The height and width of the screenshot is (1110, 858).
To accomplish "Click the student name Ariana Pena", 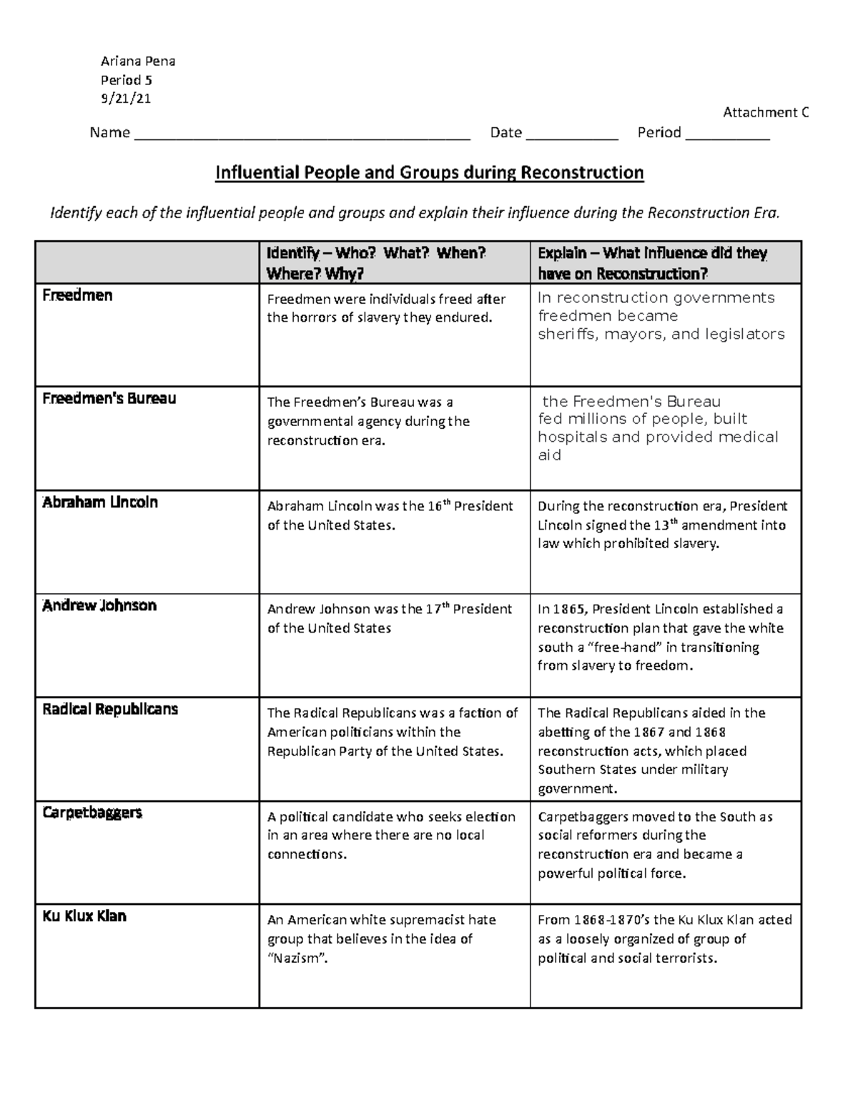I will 138,61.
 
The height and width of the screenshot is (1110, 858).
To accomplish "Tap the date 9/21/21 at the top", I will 127,99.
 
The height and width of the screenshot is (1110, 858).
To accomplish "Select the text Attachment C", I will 765,112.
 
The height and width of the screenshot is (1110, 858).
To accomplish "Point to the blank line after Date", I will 571,134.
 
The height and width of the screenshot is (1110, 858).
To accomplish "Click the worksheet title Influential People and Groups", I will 430,173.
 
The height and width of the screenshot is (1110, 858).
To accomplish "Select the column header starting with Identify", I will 376,263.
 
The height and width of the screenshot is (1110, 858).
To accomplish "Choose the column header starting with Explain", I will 652,263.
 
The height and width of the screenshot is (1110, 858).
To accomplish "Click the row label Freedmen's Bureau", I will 109,399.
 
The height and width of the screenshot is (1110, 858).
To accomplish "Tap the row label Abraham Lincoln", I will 100,502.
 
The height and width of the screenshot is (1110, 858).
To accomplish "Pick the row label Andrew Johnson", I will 99,606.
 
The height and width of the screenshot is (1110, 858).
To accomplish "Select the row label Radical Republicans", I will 110,710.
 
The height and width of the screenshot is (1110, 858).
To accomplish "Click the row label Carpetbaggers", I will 92,813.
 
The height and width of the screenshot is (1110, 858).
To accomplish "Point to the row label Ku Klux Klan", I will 84,916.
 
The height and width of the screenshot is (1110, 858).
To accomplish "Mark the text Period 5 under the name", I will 127,80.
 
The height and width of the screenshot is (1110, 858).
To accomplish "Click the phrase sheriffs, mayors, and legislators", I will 661,335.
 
